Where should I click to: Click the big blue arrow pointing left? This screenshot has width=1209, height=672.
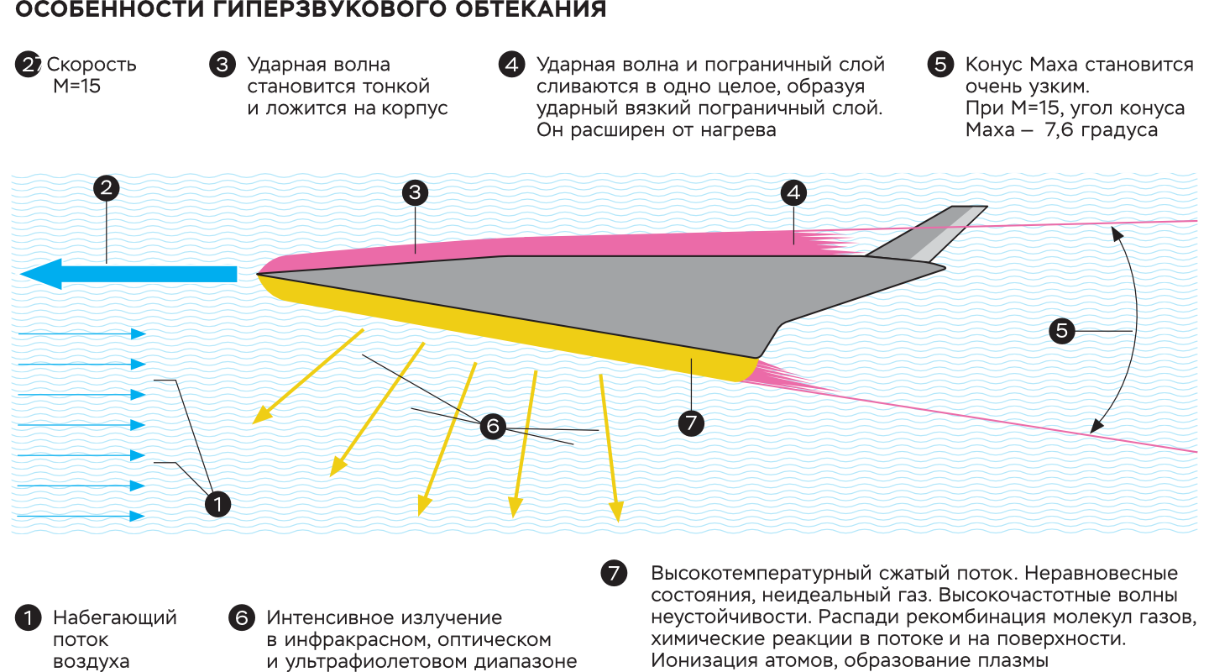[126, 274]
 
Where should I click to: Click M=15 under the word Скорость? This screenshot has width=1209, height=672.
[76, 86]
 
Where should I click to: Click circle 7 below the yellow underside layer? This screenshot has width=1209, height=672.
[691, 423]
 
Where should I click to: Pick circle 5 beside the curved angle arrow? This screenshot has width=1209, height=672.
[1062, 331]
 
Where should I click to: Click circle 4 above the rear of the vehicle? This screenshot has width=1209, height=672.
[793, 193]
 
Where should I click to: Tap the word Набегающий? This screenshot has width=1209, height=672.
[115, 618]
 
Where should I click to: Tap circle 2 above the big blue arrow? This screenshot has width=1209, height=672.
[106, 188]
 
